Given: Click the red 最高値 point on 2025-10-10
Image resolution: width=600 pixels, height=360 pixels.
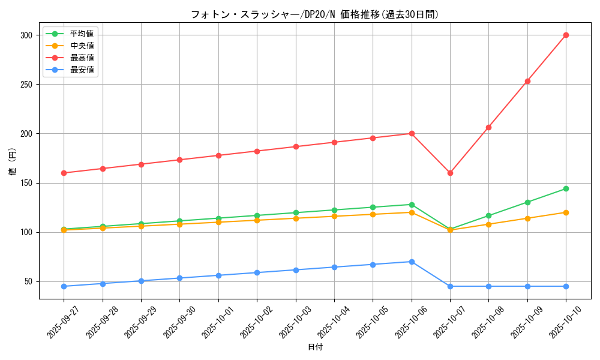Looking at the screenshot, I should [x=566, y=35].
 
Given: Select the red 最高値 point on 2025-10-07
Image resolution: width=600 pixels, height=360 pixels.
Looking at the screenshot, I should [x=450, y=173].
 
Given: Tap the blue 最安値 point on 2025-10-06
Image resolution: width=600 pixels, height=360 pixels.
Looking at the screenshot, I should [x=412, y=262].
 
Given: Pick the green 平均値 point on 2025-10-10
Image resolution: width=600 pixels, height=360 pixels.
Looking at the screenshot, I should [x=566, y=188].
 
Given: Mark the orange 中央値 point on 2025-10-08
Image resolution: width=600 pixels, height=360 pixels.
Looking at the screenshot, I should [x=488, y=224].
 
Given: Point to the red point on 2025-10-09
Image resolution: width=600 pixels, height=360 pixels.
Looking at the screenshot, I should [x=527, y=81].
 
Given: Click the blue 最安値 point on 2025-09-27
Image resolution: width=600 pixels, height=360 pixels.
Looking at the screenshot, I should [x=64, y=286].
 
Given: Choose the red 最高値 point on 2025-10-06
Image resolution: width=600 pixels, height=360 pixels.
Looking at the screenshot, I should [x=412, y=133].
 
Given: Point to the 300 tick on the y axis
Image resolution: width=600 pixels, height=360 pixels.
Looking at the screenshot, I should [x=26, y=35].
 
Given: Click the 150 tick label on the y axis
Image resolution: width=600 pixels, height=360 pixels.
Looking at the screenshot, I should [x=26, y=183].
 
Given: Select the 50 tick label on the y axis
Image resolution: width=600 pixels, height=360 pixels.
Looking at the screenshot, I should [x=29, y=281].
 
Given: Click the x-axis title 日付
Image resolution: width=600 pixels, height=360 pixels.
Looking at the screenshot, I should [x=315, y=347].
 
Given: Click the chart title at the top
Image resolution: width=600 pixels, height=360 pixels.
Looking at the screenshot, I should [x=315, y=14].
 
